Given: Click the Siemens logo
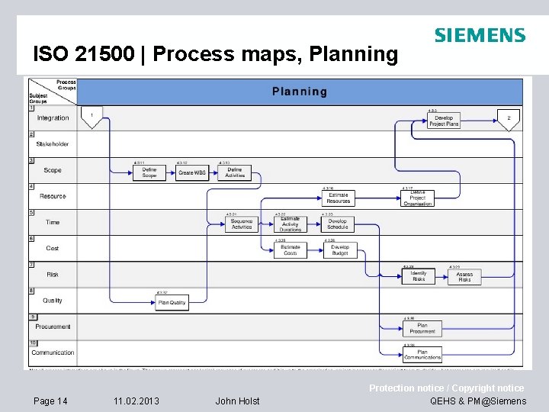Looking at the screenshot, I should click(x=480, y=35).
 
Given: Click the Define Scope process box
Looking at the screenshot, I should click(x=149, y=173).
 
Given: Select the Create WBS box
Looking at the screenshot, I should click(x=192, y=173).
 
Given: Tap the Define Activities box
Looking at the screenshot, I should click(x=235, y=173).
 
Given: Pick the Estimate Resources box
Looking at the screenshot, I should click(x=339, y=198).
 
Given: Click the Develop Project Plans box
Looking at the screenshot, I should click(x=444, y=121).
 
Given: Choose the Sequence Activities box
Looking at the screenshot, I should click(x=242, y=224).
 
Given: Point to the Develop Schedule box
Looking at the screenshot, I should click(x=337, y=224).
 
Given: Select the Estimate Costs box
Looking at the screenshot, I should click(x=291, y=249).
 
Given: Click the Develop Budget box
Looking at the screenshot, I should click(x=340, y=249).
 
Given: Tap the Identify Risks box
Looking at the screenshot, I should click(x=419, y=276).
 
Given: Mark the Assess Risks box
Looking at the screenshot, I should click(x=464, y=276).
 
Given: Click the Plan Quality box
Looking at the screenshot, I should click(x=172, y=303).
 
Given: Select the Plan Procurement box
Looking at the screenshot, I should click(x=422, y=328).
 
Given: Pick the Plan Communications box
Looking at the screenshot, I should click(x=422, y=353).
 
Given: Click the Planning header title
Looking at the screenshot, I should click(x=300, y=92).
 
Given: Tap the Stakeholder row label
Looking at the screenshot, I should click(x=53, y=143).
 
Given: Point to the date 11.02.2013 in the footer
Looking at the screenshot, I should click(x=136, y=401).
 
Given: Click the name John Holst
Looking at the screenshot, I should click(x=237, y=401).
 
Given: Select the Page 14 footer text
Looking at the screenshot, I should click(x=50, y=401).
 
